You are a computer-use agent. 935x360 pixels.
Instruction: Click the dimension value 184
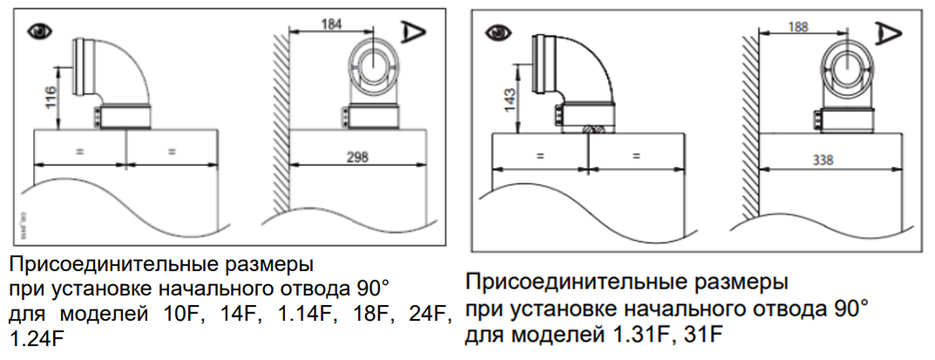331,24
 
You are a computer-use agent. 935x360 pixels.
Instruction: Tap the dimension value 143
511,102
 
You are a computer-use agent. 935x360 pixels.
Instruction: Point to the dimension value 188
797,26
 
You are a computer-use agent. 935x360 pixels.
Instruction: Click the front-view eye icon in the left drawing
38,31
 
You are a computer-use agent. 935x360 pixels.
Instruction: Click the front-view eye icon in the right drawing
501,32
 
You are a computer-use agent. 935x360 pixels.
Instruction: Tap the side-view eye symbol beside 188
890,35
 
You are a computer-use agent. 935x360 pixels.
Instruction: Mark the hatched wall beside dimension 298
279,131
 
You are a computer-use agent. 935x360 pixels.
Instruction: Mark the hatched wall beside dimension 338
749,131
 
